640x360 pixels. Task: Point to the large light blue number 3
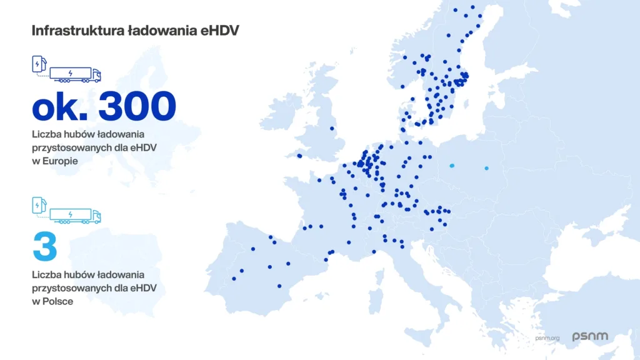tap(44, 247)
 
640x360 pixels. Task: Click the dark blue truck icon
tap(76, 75)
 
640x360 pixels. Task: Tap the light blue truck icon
tap(76, 216)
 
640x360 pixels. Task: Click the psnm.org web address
tap(547, 338)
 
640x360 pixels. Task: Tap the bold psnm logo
tap(589, 337)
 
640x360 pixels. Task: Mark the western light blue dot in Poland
tap(452, 166)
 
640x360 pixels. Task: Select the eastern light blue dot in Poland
tap(486, 168)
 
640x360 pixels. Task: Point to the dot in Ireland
tap(300, 156)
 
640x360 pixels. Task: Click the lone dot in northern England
tap(332, 129)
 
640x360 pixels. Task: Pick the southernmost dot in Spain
tap(279, 286)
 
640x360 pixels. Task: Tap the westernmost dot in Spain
tap(234, 279)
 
